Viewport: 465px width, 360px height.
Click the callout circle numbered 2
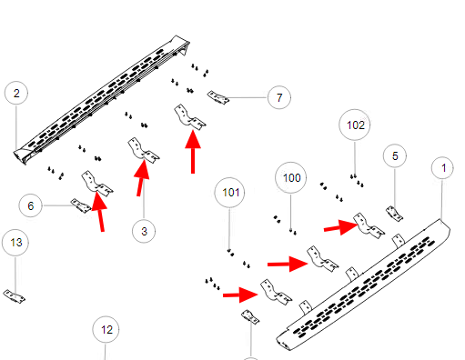pos(16,93)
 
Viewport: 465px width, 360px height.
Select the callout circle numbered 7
pos(279,97)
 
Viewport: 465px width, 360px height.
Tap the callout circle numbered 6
pos(30,205)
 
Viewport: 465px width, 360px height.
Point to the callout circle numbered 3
pos(144,231)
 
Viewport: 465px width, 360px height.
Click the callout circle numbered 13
pos(15,243)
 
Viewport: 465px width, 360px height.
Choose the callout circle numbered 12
pos(106,329)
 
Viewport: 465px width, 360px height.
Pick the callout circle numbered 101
pos(229,193)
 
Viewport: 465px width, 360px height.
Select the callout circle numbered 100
pos(291,177)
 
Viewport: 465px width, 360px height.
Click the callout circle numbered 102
pos(355,125)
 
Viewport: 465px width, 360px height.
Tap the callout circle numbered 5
pos(395,155)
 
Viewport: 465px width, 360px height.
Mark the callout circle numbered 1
pos(442,167)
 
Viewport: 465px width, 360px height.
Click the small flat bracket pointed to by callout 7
pos(218,97)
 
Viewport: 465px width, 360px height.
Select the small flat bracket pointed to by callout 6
pos(81,205)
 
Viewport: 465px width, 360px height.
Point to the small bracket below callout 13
pos(14,296)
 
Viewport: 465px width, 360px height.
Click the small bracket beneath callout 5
pos(394,214)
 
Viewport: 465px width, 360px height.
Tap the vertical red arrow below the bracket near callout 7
pos(193,152)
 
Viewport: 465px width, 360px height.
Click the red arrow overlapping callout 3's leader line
pos(142,178)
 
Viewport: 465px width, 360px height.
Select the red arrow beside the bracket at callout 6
pos(99,212)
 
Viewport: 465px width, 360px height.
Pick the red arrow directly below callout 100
pos(288,264)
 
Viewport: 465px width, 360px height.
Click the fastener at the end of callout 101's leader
pos(230,253)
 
